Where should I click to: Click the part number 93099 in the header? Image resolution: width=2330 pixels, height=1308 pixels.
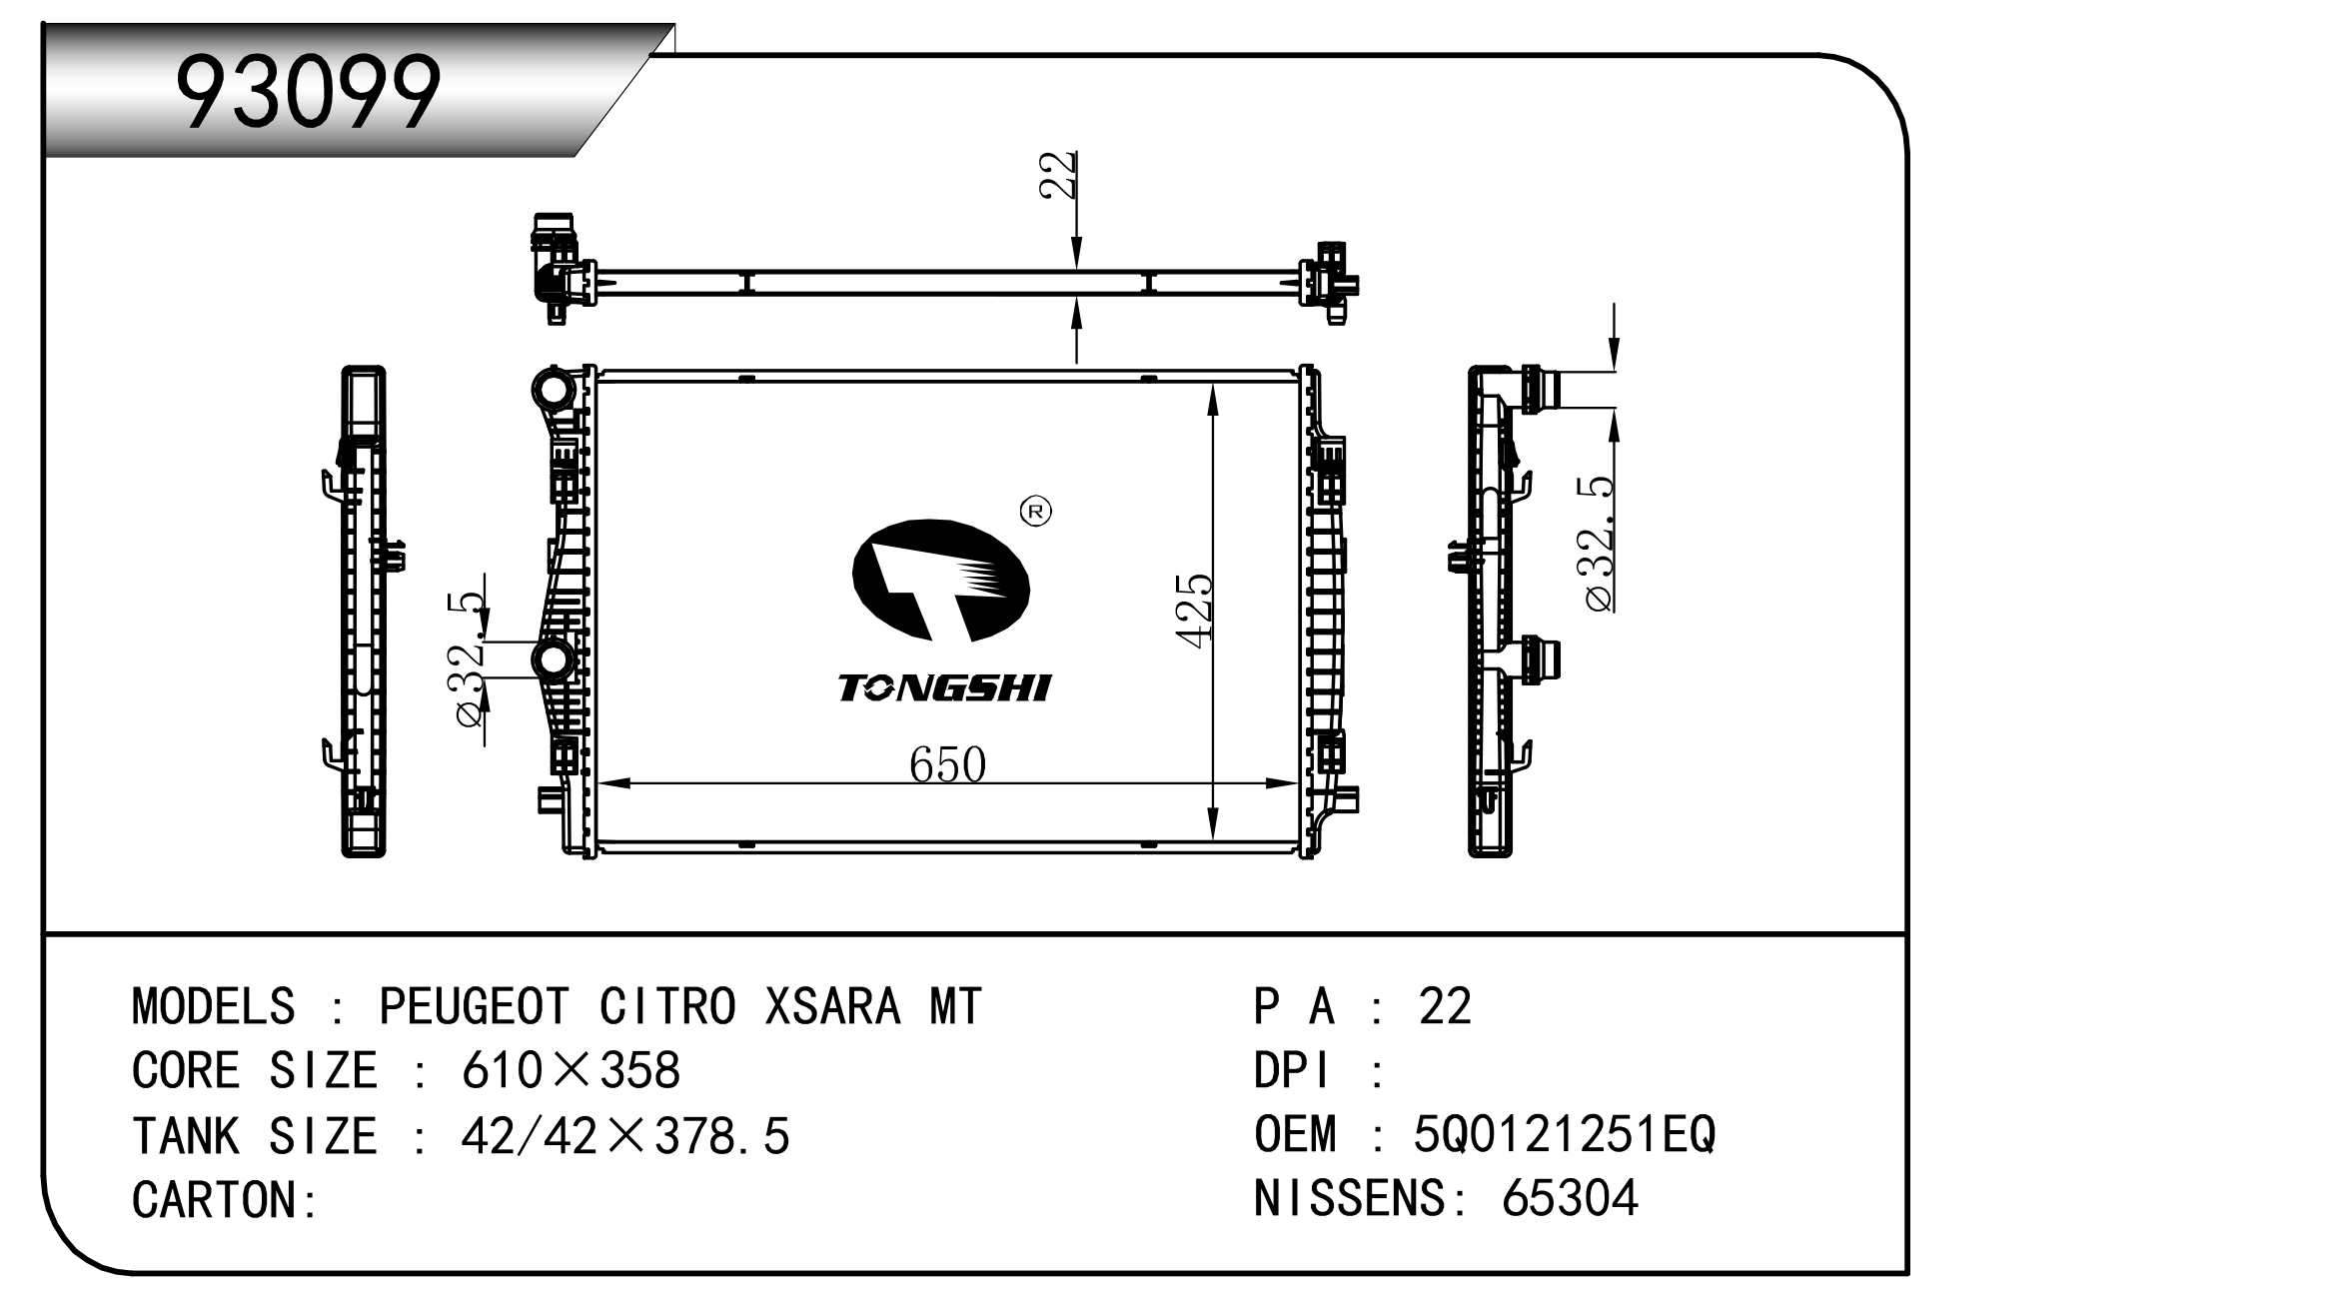pos(308,92)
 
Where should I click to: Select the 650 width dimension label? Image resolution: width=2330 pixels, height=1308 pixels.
pos(947,765)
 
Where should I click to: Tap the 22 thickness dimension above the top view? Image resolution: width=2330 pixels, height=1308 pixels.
pos(1058,176)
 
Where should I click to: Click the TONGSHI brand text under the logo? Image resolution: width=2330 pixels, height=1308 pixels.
pos(943,688)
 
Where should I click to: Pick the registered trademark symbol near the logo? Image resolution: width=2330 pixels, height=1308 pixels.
pos(1035,512)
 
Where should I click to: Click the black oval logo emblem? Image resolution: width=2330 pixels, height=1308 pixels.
pos(940,581)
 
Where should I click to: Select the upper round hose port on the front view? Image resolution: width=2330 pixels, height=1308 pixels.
pos(553,389)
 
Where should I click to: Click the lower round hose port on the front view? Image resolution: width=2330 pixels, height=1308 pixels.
pos(553,660)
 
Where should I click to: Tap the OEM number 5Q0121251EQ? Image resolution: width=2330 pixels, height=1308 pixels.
pos(1564,1134)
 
